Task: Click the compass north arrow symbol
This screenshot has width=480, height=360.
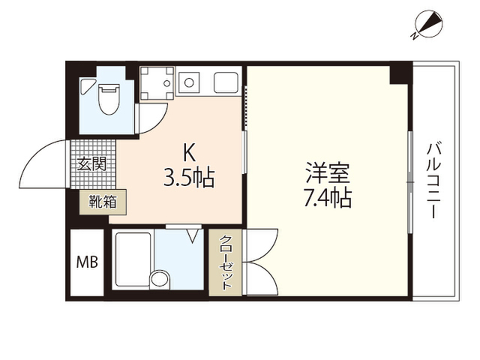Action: pyautogui.click(x=428, y=24)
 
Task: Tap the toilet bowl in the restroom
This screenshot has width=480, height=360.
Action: pyautogui.click(x=109, y=99)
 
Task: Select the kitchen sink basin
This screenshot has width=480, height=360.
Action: pyautogui.click(x=226, y=82)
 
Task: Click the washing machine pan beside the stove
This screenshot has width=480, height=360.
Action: pyautogui.click(x=157, y=83)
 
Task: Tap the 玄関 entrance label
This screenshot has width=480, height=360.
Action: pyautogui.click(x=91, y=164)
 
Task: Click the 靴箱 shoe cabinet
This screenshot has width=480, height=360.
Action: pyautogui.click(x=103, y=202)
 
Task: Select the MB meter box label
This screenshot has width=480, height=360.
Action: pyautogui.click(x=87, y=262)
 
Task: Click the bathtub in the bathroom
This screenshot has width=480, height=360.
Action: pyautogui.click(x=133, y=260)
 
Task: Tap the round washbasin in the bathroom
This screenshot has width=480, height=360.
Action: pyautogui.click(x=160, y=279)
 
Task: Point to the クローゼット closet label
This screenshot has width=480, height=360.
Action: pyautogui.click(x=226, y=262)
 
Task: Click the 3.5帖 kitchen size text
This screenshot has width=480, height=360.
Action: pyautogui.click(x=188, y=178)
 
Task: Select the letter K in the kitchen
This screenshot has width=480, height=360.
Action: pyautogui.click(x=189, y=153)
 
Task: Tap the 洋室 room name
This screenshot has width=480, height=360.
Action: pyautogui.click(x=328, y=173)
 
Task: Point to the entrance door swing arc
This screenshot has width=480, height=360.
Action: pyautogui.click(x=42, y=165)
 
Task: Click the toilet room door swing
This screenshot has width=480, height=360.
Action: pyautogui.click(x=153, y=118)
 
